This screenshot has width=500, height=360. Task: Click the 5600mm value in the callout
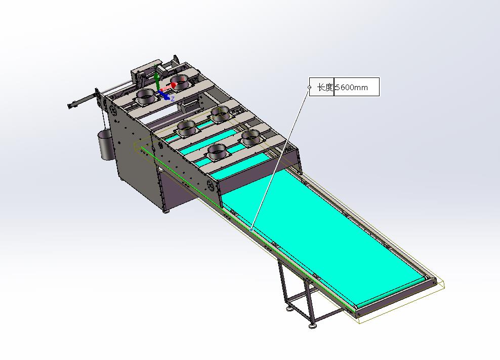(352, 87)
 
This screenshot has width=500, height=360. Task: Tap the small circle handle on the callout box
(309, 87)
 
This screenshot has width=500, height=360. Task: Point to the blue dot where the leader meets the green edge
(252, 229)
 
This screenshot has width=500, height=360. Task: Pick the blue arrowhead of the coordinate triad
(166, 97)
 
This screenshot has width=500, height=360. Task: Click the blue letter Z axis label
(173, 99)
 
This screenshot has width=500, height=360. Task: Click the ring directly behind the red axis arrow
(181, 82)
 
